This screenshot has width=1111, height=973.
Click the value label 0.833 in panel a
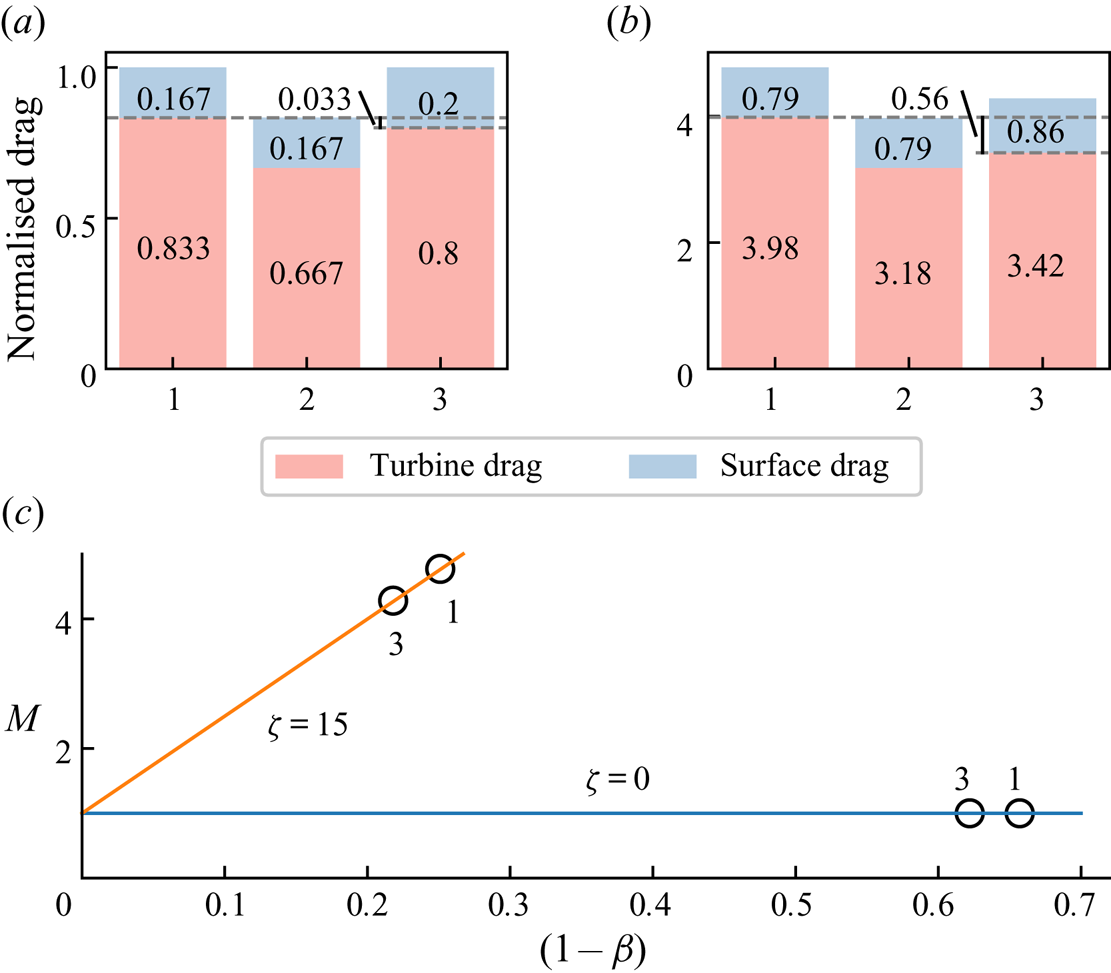172,249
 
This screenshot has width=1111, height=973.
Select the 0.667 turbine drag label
306,273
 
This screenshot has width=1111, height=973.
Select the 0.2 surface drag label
440,102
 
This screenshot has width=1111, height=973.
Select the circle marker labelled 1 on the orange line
440,569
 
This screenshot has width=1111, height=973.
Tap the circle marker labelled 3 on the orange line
393,600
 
